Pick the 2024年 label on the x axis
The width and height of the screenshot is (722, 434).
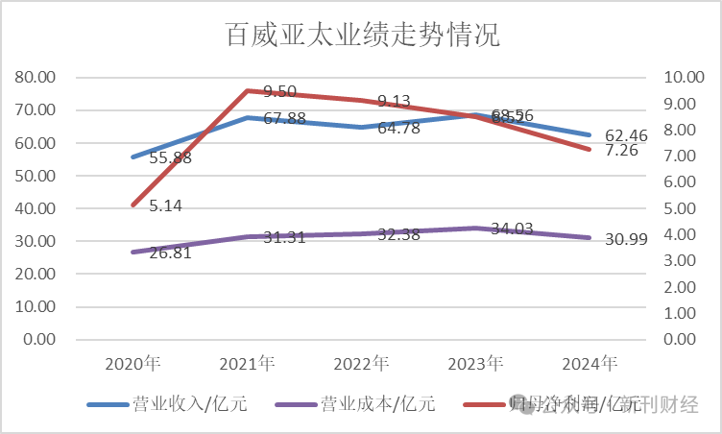pos(590,364)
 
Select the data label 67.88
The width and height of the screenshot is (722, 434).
pos(285,119)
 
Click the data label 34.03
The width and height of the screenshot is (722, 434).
pos(514,229)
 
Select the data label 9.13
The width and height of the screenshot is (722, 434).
pos(394,100)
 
